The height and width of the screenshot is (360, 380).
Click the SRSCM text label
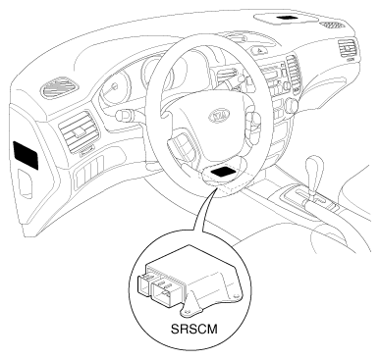coord(193,329)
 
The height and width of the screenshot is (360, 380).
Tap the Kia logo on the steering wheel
coord(219,115)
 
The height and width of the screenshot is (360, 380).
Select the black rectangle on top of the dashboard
coord(286,18)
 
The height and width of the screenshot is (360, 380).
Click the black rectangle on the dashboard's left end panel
coord(26,155)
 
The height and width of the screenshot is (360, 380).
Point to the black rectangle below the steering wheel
coord(224,171)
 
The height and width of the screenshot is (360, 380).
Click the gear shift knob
coord(314,167)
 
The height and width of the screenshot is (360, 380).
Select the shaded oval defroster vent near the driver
coord(59,86)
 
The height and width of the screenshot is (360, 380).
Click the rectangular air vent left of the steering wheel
coord(79,131)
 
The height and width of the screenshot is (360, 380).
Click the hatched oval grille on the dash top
coord(332,25)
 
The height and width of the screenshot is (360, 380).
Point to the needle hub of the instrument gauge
coord(114,87)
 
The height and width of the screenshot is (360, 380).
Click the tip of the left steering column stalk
coord(119,115)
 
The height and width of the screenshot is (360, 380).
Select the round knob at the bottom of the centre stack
coord(292,105)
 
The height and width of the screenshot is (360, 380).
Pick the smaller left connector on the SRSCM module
coord(144,284)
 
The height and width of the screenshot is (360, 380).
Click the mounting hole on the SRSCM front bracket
coord(188,312)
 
